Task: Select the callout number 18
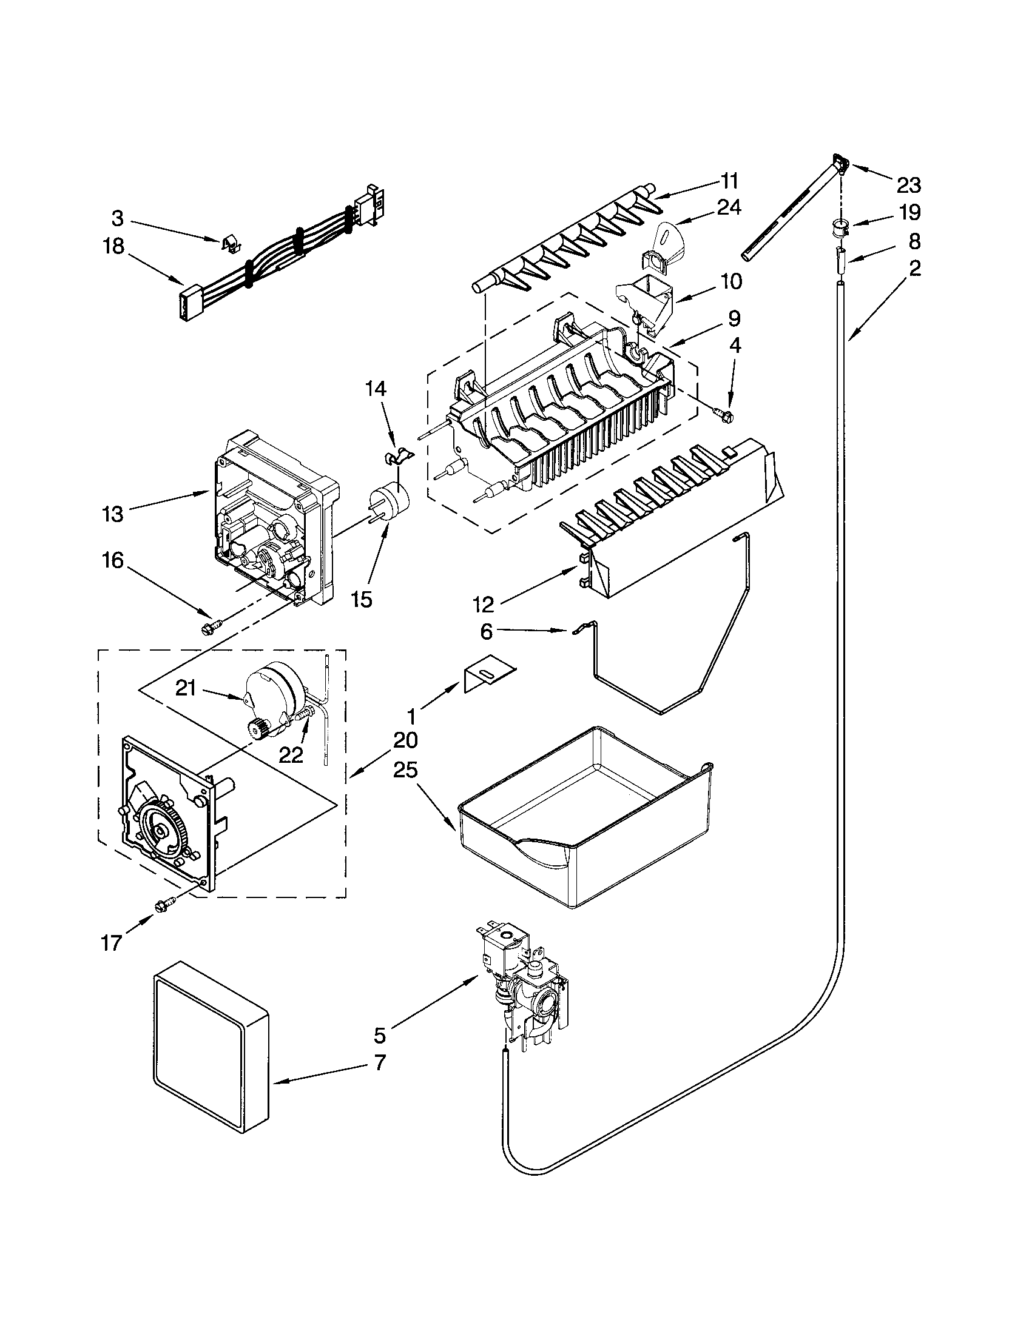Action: (x=113, y=247)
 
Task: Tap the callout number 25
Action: (x=406, y=770)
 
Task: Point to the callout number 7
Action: (x=379, y=1063)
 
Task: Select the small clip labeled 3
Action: (x=229, y=244)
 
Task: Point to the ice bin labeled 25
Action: (x=584, y=822)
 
